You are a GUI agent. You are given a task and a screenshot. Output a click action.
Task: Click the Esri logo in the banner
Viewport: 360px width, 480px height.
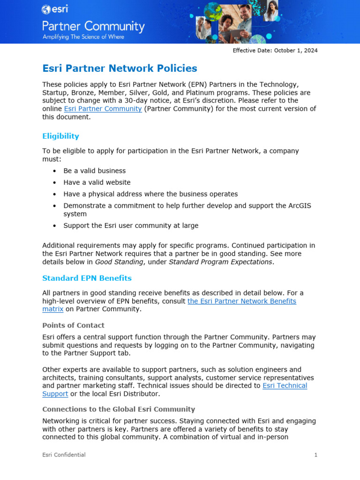(x=53, y=9)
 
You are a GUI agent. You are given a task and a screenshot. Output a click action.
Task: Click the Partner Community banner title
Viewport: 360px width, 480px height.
(x=93, y=26)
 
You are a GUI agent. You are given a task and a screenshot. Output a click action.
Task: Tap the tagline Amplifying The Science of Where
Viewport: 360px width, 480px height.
(x=83, y=37)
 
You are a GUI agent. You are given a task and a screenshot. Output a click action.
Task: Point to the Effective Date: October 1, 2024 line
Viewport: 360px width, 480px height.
(x=275, y=51)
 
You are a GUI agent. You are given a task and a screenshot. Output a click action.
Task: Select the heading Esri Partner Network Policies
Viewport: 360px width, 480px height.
(x=120, y=68)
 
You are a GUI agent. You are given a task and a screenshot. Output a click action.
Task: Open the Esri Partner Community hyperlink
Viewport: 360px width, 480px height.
(x=103, y=109)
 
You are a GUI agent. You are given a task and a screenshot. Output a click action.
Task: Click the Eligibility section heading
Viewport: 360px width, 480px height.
(x=60, y=136)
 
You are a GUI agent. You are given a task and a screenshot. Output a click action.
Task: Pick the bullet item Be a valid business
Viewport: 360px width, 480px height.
(x=94, y=171)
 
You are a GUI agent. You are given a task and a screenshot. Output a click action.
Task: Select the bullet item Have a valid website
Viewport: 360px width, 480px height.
(x=97, y=182)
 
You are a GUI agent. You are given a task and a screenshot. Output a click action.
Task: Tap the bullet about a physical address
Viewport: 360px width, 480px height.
(x=150, y=194)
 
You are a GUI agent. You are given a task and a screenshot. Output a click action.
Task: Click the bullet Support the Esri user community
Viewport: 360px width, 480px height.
(x=131, y=225)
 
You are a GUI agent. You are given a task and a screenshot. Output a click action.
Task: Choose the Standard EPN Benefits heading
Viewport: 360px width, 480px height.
(x=87, y=278)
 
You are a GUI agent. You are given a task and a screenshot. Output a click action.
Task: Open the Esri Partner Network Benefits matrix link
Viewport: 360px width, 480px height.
(x=241, y=301)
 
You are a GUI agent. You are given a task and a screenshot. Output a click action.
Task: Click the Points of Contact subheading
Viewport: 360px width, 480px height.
(x=73, y=325)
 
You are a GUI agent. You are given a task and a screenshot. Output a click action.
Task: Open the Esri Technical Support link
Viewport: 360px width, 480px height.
(x=285, y=386)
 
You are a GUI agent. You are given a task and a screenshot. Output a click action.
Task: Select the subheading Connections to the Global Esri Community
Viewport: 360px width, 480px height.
(x=119, y=409)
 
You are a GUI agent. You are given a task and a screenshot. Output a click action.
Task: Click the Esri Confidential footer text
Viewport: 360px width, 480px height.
(x=64, y=455)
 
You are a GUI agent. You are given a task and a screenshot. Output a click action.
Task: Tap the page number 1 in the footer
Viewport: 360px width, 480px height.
(x=315, y=455)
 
